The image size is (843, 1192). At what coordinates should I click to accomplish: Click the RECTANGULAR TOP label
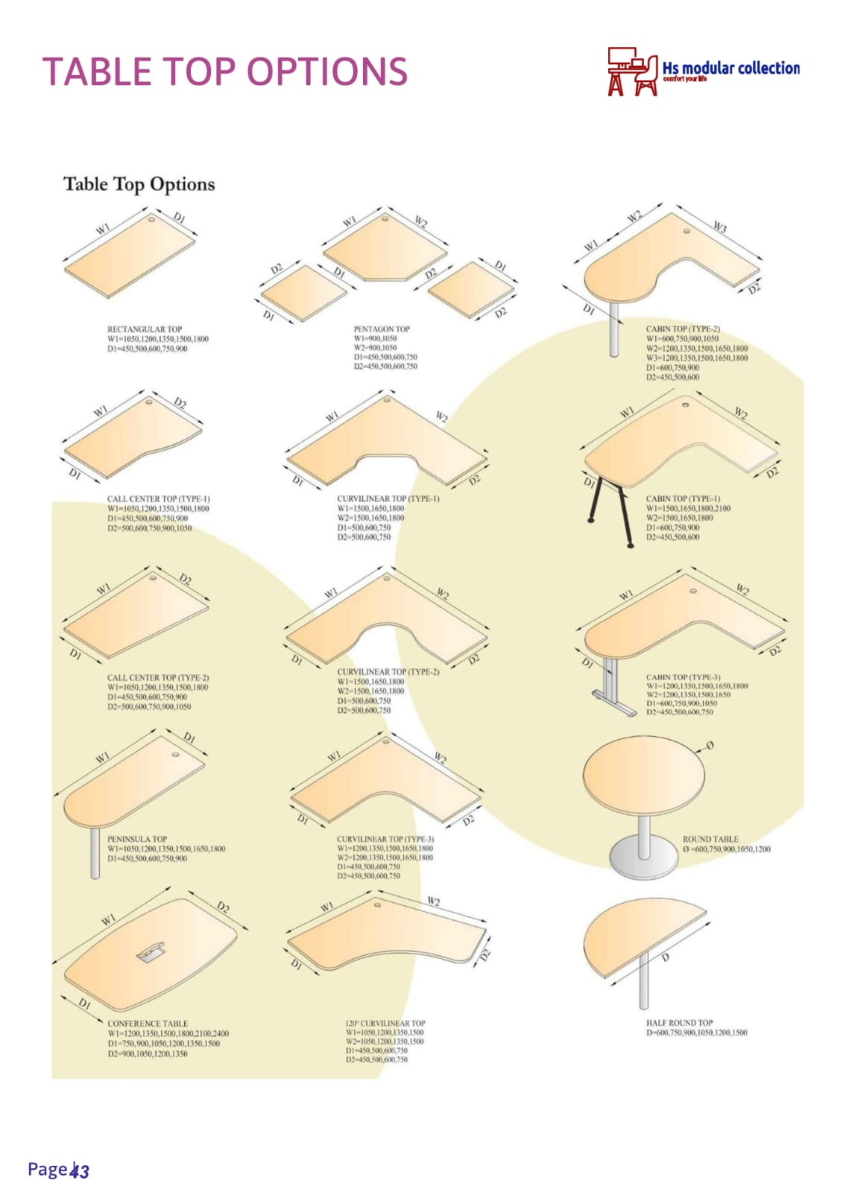coord(145,329)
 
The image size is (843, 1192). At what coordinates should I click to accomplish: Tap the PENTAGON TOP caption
coord(382,329)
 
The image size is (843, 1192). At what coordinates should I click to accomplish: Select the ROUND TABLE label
coord(710,839)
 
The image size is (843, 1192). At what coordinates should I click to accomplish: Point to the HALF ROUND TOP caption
coord(679,1023)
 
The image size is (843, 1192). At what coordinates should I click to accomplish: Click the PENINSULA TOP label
coord(137,839)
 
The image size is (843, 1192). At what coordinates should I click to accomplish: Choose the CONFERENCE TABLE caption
coord(148,1024)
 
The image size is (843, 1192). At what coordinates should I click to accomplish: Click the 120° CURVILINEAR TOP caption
coord(385,1023)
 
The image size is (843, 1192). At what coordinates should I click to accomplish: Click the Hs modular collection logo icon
coord(633,72)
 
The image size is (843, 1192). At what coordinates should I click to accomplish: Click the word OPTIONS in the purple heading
coord(327,72)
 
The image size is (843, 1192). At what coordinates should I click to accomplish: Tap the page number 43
coord(80,1170)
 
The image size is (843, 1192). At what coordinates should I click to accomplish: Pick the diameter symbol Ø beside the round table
coord(710,745)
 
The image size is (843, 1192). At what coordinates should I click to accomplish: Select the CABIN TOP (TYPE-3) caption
coord(683,677)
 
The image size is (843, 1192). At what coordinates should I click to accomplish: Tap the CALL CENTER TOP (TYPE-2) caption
coord(158,678)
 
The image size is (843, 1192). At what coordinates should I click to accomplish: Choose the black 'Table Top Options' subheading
coord(139,184)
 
